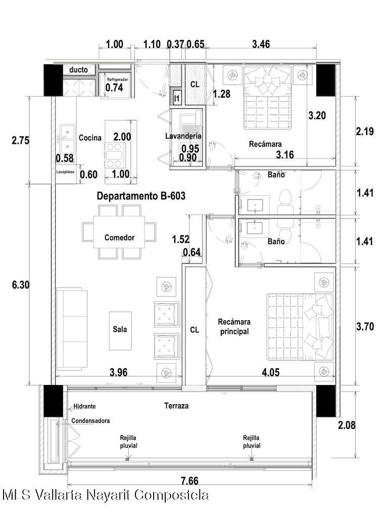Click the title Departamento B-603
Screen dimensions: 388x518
(x=141, y=196)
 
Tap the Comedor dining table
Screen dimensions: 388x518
(x=119, y=232)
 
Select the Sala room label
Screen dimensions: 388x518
(x=120, y=329)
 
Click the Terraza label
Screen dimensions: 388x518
(x=176, y=406)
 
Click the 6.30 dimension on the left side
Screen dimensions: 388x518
(x=21, y=284)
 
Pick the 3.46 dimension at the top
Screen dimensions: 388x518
(x=261, y=44)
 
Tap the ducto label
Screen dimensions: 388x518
(x=78, y=70)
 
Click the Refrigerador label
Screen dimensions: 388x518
(x=117, y=79)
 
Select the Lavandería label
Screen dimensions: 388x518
(x=183, y=136)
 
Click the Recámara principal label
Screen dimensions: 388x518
(x=234, y=326)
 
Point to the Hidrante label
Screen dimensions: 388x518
(x=84, y=406)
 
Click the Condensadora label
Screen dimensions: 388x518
(x=90, y=421)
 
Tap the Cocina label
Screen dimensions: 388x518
(x=90, y=138)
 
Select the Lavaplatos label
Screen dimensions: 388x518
(x=65, y=172)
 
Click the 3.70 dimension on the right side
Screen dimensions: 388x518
(x=365, y=326)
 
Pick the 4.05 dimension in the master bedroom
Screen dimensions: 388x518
(x=271, y=372)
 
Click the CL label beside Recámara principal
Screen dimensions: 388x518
(x=195, y=330)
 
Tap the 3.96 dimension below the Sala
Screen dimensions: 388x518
(x=118, y=372)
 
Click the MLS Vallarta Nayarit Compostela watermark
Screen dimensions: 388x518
(x=106, y=495)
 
